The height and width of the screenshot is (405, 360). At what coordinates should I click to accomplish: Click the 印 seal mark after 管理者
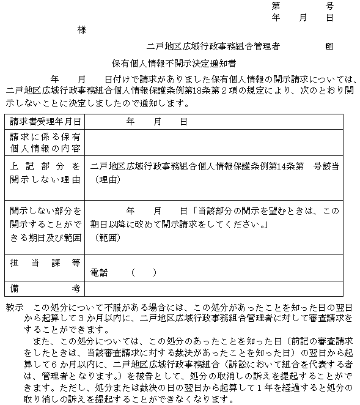(x=329, y=46)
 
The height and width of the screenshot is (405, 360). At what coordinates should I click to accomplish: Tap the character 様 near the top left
(x=81, y=29)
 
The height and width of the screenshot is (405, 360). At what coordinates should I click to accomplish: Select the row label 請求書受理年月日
(x=45, y=122)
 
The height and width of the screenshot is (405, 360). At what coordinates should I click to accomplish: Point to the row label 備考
(x=45, y=288)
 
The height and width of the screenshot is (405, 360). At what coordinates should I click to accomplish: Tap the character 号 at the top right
(x=329, y=6)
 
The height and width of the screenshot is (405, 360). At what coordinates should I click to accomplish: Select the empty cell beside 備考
(x=220, y=288)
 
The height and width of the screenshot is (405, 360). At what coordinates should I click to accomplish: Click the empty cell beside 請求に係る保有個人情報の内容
(x=220, y=144)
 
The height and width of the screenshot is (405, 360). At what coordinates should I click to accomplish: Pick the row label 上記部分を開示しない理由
(x=45, y=173)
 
